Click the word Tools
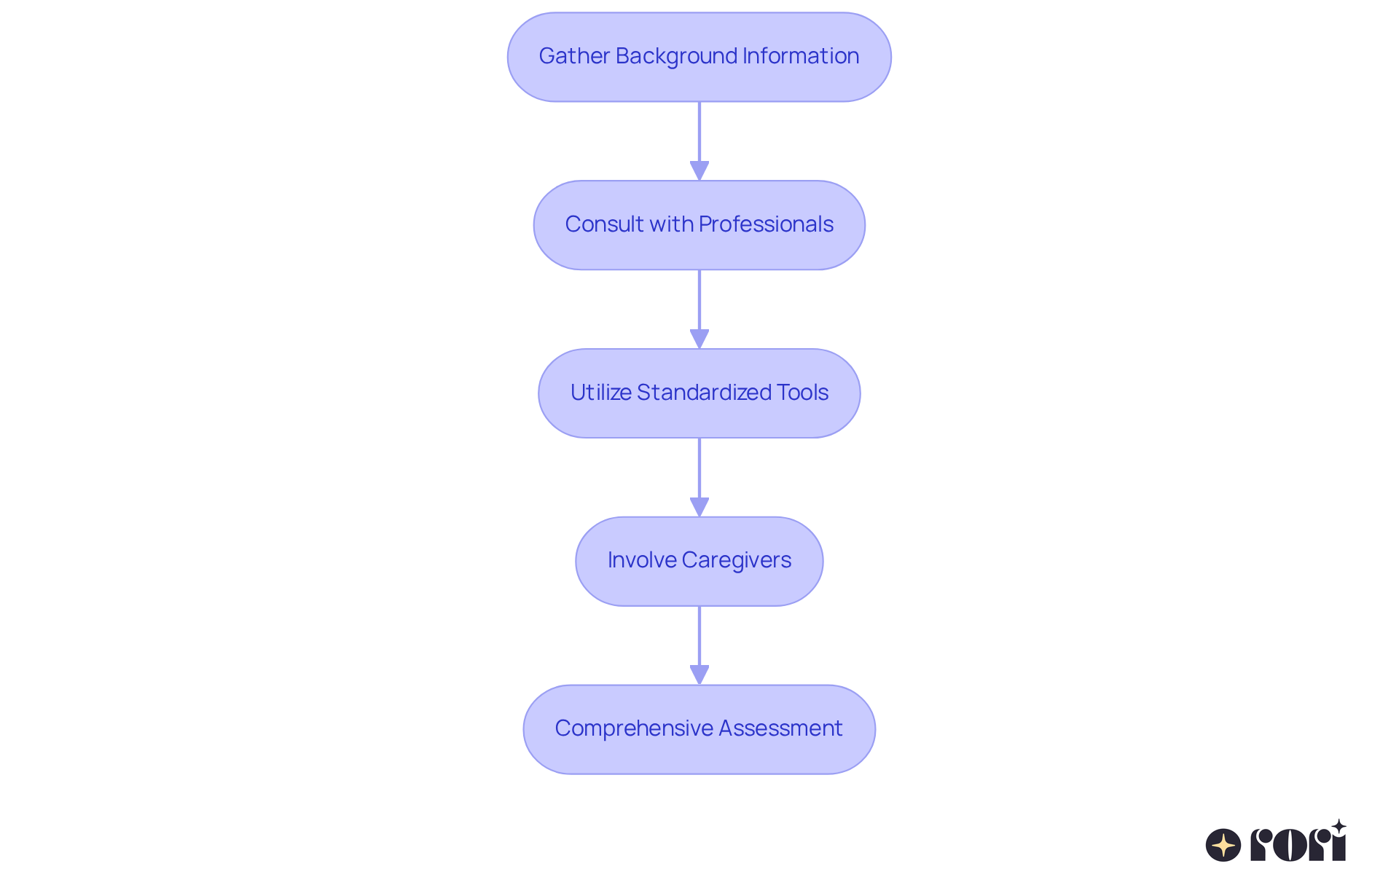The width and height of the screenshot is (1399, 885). (x=802, y=393)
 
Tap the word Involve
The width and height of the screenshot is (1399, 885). (x=642, y=560)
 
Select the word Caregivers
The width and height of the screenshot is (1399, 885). (x=737, y=560)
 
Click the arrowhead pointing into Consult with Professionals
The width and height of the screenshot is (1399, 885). (x=699, y=171)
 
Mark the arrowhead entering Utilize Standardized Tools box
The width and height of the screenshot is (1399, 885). (x=699, y=339)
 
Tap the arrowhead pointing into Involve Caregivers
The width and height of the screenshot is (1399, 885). (x=699, y=508)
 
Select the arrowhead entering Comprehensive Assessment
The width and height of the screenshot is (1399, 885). (x=699, y=675)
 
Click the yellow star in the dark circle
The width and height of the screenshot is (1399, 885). (x=1223, y=845)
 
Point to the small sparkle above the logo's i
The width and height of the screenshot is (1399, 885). (x=1339, y=827)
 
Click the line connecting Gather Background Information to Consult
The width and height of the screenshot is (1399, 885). (x=699, y=131)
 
